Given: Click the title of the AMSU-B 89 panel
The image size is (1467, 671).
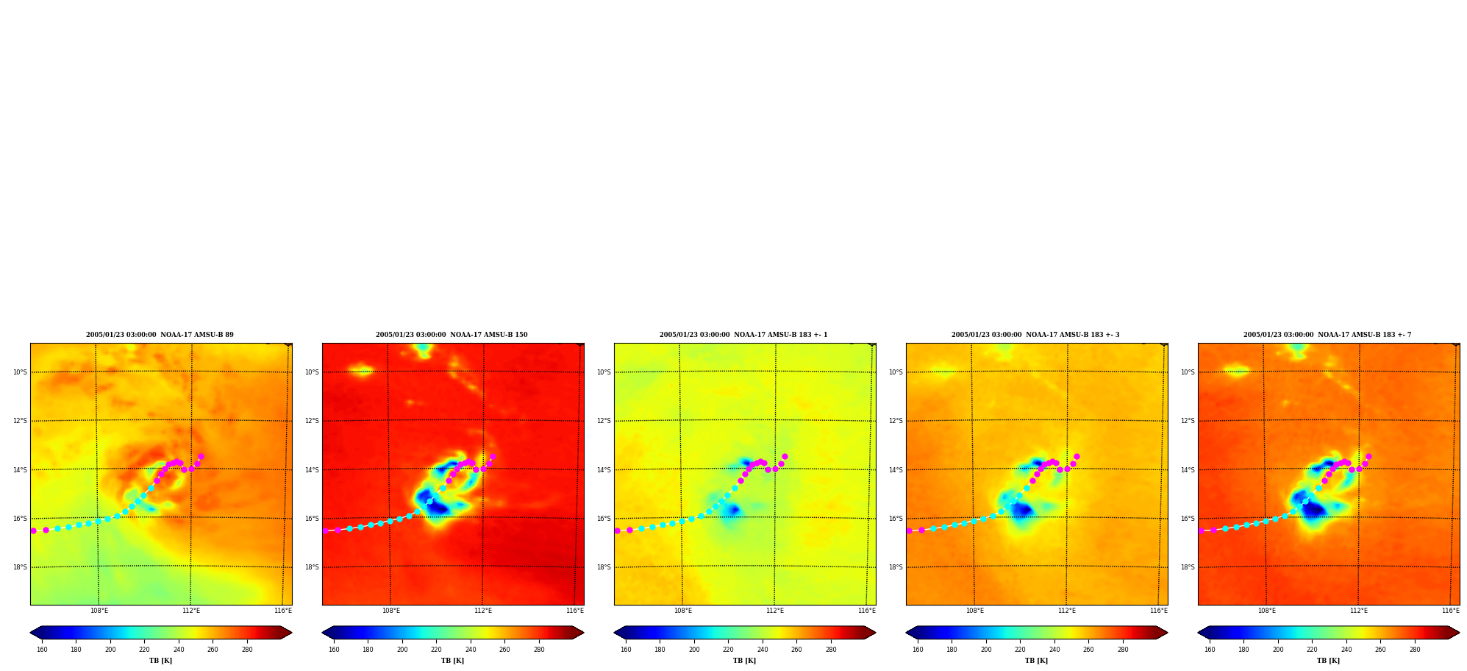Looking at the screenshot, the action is [160, 335].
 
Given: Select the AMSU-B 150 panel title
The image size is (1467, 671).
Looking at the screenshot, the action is [451, 335].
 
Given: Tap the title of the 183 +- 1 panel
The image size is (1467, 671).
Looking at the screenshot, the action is [743, 335].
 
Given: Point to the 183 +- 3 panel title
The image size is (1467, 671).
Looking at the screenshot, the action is [1035, 335].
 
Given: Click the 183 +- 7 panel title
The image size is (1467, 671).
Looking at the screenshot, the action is [1327, 335].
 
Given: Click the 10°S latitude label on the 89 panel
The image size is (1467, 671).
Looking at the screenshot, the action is [20, 372].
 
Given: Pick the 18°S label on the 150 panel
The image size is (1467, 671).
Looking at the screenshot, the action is [312, 567].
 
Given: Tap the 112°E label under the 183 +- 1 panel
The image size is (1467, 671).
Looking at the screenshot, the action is [775, 611].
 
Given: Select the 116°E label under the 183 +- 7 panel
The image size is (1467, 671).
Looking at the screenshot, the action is [1451, 611].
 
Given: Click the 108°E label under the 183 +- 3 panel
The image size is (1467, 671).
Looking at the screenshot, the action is [975, 611].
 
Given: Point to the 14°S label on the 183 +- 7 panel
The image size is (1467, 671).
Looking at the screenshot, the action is [1188, 470].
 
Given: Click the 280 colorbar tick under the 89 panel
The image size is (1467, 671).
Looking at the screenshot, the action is [247, 650].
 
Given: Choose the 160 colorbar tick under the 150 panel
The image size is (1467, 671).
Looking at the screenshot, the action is [334, 650].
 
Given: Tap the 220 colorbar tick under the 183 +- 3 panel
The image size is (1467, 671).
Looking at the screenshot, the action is [1020, 650].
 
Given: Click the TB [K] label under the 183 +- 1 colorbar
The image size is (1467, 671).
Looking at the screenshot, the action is [744, 661].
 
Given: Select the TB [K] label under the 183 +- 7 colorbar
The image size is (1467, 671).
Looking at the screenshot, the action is [1328, 661].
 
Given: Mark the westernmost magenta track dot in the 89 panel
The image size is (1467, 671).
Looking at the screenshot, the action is [33, 530].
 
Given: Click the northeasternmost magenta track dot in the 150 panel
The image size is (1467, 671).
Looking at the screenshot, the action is [493, 457].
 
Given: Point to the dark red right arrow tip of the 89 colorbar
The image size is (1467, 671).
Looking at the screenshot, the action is [291, 633].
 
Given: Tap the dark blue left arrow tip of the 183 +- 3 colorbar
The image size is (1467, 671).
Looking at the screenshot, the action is [907, 633].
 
